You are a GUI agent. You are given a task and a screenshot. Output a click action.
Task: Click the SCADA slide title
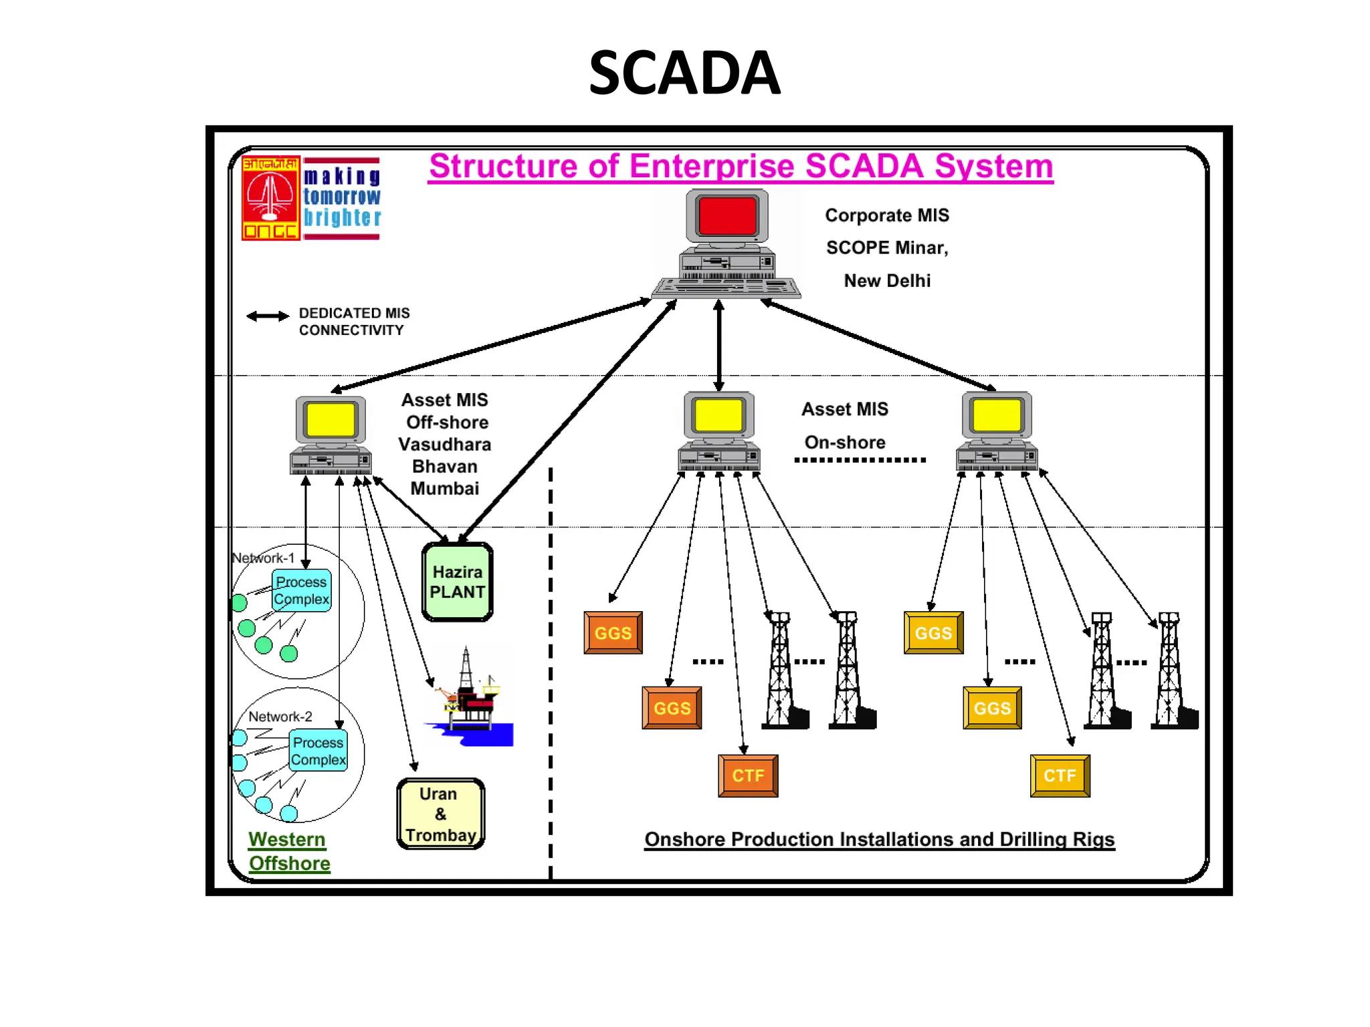pyautogui.click(x=684, y=73)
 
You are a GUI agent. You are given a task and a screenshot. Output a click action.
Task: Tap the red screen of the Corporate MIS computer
pyautogui.click(x=727, y=217)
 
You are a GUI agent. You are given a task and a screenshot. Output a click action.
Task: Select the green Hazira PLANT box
pyautogui.click(x=458, y=582)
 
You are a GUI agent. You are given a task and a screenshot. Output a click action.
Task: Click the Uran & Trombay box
pyautogui.click(x=440, y=814)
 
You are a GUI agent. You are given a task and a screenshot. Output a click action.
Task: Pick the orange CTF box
pyautogui.click(x=748, y=776)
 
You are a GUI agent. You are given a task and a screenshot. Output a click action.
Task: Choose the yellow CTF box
pyautogui.click(x=1060, y=776)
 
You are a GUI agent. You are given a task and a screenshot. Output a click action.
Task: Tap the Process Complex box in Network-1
pyautogui.click(x=302, y=590)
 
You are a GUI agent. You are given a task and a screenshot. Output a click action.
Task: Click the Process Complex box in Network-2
pyautogui.click(x=318, y=751)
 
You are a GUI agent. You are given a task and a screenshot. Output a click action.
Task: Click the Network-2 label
pyautogui.click(x=280, y=716)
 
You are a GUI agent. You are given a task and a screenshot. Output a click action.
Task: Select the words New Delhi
pyautogui.click(x=887, y=281)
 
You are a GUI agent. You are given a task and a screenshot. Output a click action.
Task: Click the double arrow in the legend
pyautogui.click(x=268, y=316)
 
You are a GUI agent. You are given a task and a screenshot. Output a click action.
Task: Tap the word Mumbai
pyautogui.click(x=445, y=489)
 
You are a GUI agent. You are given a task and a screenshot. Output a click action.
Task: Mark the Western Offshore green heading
pyautogui.click(x=288, y=851)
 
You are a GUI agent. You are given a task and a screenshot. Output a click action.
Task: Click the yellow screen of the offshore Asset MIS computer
pyautogui.click(x=330, y=419)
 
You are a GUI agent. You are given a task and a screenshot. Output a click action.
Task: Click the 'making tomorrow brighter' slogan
pyautogui.click(x=342, y=197)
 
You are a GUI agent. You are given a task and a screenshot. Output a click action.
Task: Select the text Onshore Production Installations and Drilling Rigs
pyautogui.click(x=879, y=839)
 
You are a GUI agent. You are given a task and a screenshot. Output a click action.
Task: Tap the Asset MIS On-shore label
pyautogui.click(x=845, y=425)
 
